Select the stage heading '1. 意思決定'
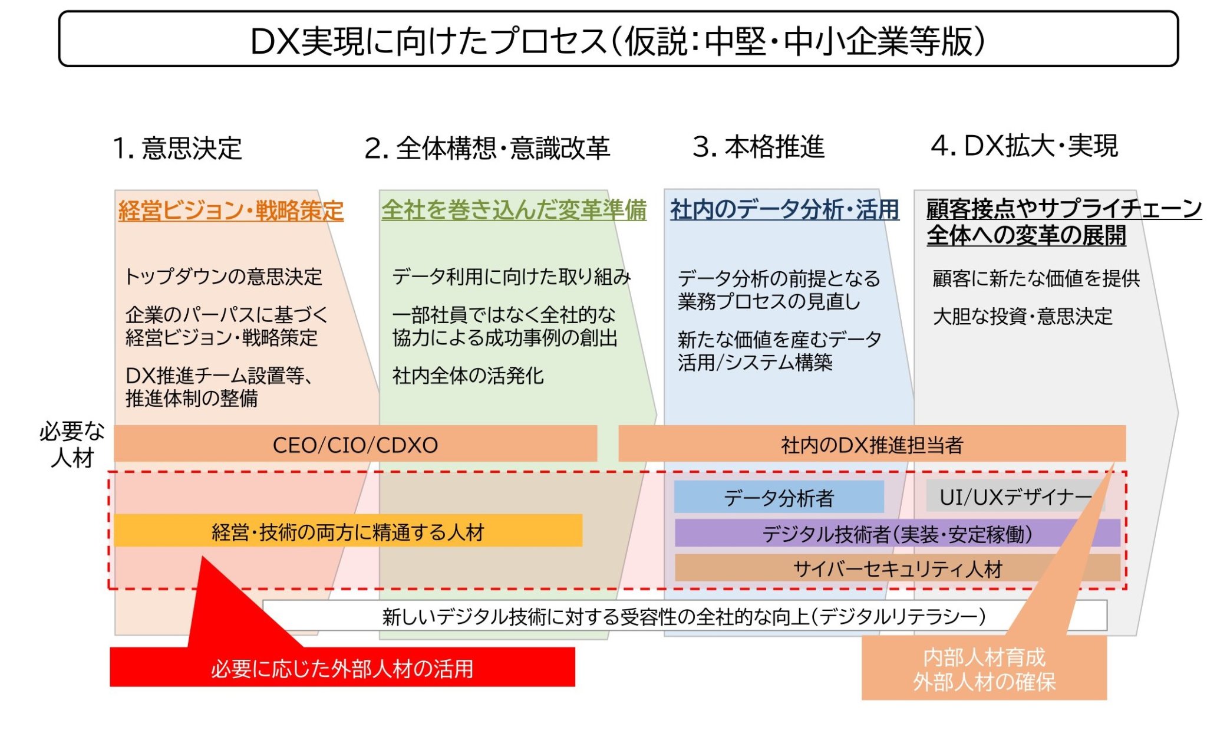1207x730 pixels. pos(177,147)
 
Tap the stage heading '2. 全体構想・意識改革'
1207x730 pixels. pos(487,147)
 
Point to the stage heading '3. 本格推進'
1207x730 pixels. pos(759,146)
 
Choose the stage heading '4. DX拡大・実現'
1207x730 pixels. pos(1024,146)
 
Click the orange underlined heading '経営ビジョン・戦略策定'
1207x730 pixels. pos(231,211)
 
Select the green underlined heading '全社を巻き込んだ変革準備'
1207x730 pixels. pos(514,210)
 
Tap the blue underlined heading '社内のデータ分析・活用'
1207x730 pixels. pos(784,209)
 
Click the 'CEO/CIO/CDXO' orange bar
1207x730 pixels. pos(355,444)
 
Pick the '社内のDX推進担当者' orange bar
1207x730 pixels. pos(871,444)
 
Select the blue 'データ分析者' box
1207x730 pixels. pos(779,497)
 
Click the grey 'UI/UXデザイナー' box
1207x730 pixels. pos(1014,496)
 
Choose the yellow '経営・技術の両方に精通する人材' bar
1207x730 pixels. pos(348,531)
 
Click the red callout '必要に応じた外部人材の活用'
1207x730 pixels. pos(342,668)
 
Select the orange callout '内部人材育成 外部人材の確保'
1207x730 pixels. pos(984,669)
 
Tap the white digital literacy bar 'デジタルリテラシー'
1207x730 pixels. pos(684,616)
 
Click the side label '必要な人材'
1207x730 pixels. pos(72,444)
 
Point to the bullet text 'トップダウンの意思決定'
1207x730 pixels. pos(223,276)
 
